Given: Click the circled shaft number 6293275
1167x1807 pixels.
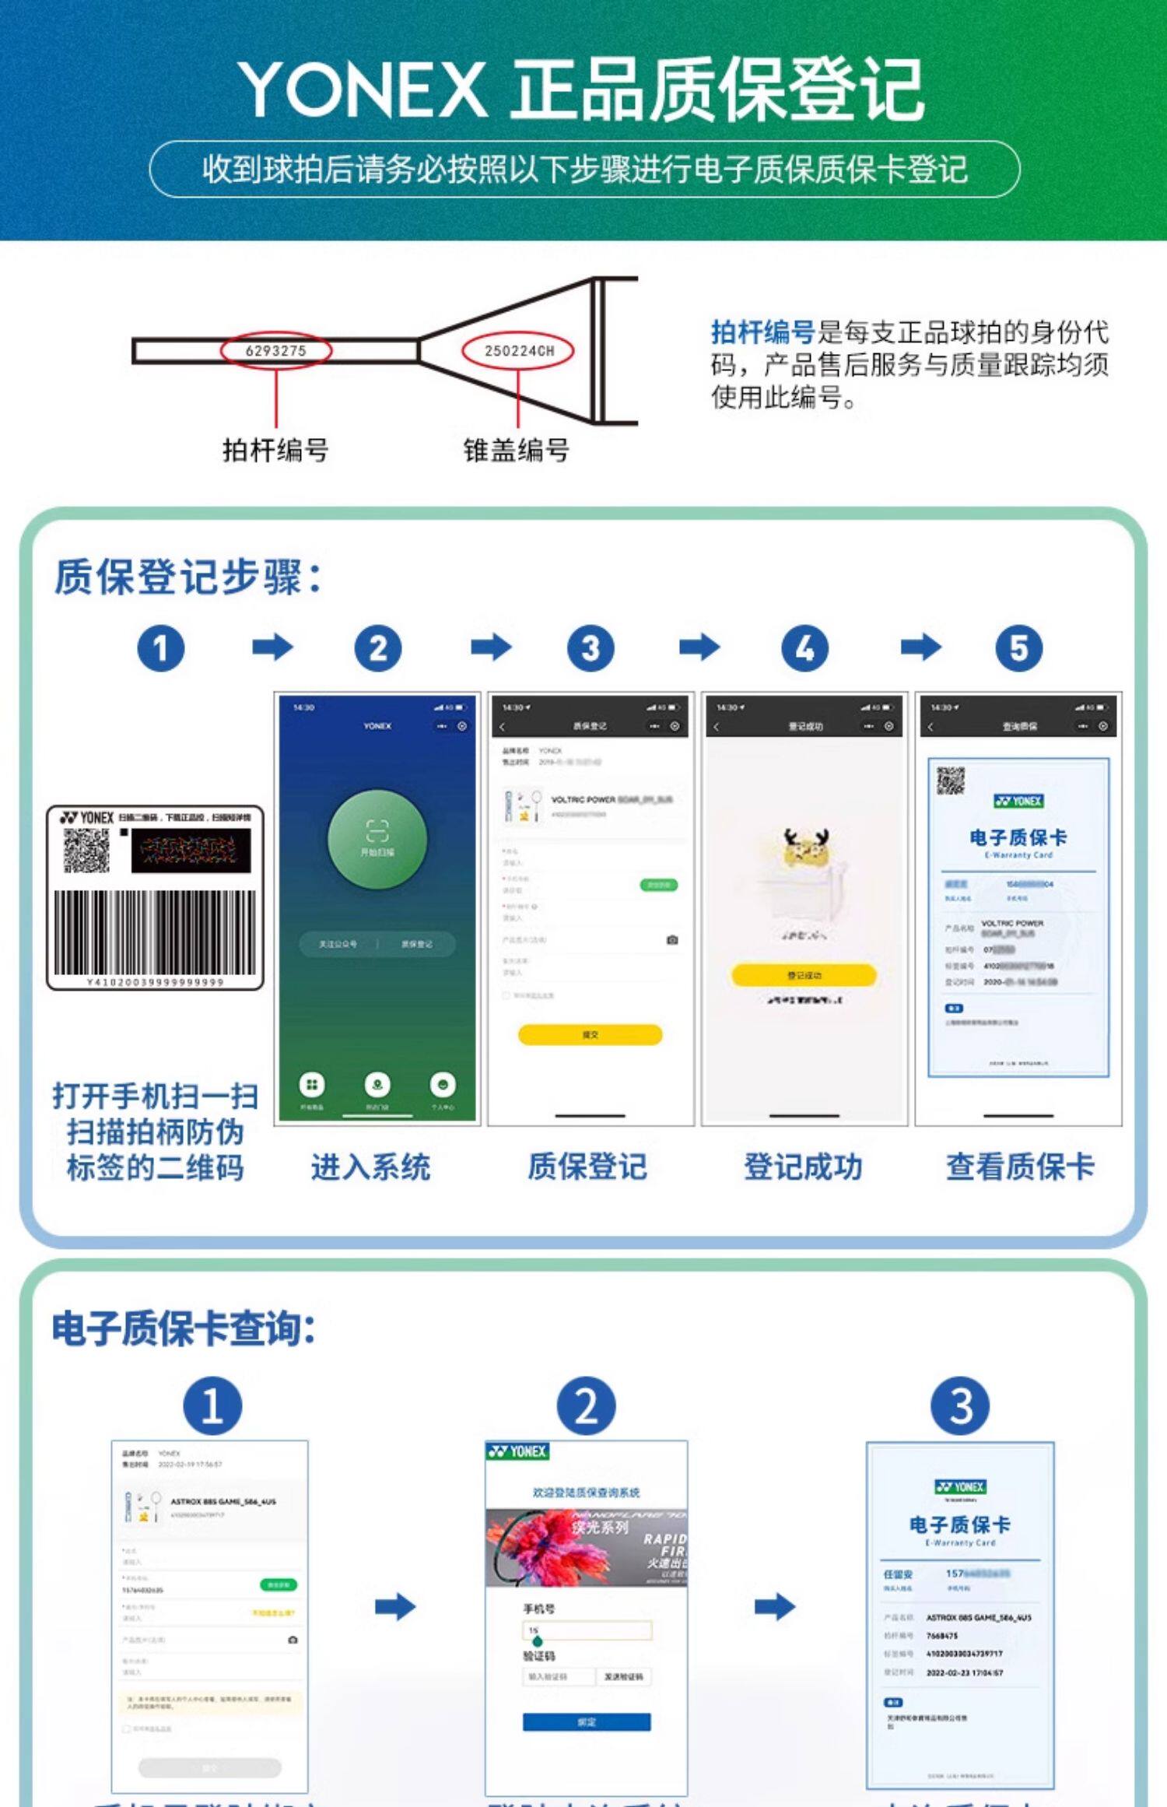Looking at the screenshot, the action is [276, 351].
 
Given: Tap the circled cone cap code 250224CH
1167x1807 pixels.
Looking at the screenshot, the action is [518, 351].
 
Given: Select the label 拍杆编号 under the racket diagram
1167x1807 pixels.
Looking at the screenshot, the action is [275, 450].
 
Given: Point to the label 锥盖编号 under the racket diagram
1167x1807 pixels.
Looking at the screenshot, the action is [516, 450].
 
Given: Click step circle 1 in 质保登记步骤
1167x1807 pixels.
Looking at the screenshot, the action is [161, 648].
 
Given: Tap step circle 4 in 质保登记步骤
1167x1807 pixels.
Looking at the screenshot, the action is [804, 648].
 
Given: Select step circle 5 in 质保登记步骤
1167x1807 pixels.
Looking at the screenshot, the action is [1018, 648].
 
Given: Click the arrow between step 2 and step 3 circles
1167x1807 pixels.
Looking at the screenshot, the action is [491, 647].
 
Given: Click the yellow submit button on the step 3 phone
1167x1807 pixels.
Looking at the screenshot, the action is [590, 1034].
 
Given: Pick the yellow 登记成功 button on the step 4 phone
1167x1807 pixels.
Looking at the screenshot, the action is [804, 974].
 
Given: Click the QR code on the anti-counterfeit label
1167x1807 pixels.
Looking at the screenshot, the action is [86, 851].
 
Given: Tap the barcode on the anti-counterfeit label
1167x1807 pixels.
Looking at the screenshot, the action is [155, 932].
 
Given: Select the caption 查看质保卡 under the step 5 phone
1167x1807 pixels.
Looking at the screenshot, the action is [1019, 1167].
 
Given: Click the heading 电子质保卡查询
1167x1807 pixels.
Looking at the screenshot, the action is [184, 1328].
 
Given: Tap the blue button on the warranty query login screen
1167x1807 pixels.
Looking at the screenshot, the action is [587, 1722].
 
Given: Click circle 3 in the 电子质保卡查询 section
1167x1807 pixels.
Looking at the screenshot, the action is [961, 1406].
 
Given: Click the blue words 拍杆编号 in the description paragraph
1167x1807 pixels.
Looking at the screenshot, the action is [762, 332].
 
